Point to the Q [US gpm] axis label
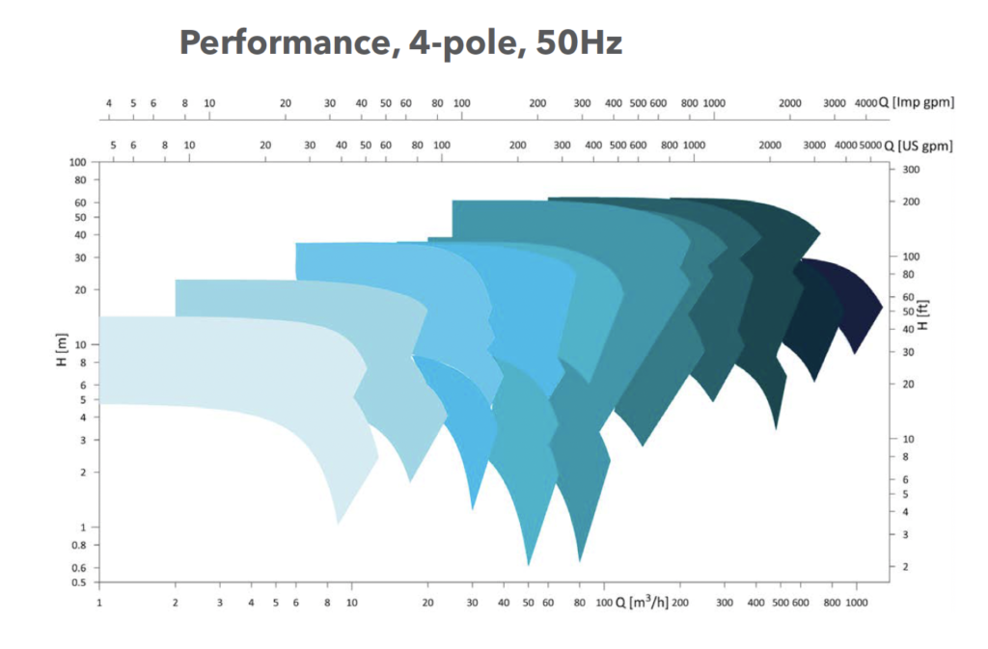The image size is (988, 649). coord(920,146)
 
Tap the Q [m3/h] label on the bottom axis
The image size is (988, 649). coord(642,603)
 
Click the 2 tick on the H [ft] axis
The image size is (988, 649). coord(904,566)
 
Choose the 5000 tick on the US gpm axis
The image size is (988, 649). coord(870,146)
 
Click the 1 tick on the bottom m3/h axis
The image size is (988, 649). coord(99,603)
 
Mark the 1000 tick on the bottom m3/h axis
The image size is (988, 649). coord(857,603)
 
